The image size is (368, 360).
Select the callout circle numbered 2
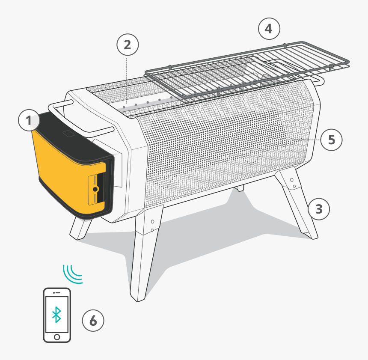tap(128, 45)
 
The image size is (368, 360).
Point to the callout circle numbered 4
tap(269, 29)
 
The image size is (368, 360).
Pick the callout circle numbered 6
tap(93, 320)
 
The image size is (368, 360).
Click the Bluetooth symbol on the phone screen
tap(56, 315)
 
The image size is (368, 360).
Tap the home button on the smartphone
tap(57, 337)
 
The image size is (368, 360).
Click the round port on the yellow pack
tap(95, 189)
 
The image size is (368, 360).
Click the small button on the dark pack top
tap(68, 134)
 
